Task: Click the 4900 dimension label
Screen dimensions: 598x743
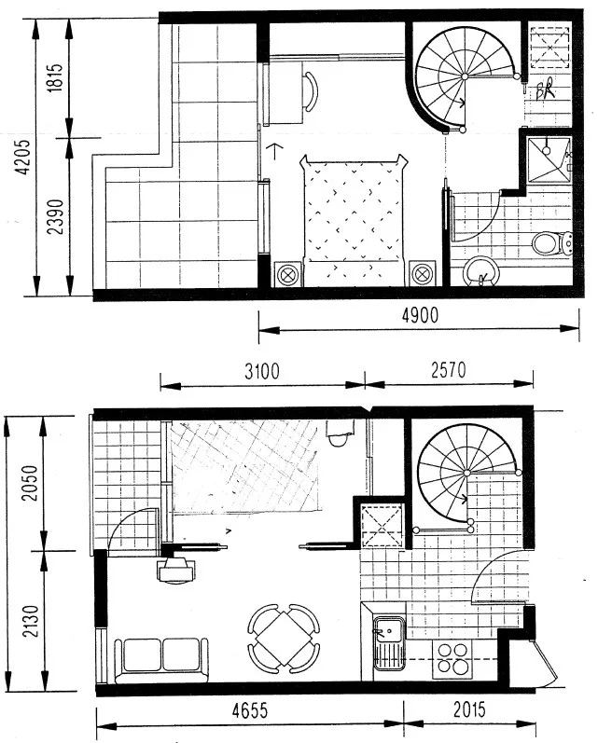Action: point(420,315)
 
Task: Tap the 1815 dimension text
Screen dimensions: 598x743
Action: point(55,77)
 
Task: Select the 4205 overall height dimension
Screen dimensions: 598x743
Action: point(22,157)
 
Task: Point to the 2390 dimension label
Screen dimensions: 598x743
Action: point(55,216)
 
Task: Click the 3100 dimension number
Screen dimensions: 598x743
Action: point(262,371)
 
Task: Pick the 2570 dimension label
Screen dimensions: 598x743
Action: point(449,370)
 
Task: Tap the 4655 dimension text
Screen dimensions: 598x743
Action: point(249,710)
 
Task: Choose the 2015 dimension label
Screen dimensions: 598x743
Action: point(469,709)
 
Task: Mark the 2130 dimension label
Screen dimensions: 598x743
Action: point(31,621)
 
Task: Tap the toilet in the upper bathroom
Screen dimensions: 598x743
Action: point(552,243)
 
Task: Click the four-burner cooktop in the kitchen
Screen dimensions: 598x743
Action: point(452,658)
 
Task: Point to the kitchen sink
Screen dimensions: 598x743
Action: point(388,642)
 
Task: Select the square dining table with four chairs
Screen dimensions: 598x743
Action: point(284,639)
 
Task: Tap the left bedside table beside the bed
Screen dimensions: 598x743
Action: point(287,273)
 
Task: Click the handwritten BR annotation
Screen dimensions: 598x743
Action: point(545,90)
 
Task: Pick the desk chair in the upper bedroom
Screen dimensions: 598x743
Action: point(311,91)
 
